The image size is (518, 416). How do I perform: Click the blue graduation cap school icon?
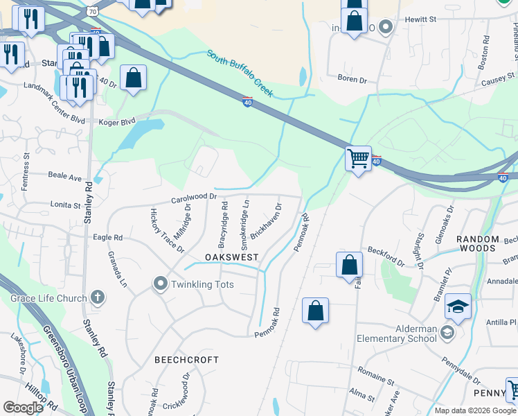(x=458, y=307)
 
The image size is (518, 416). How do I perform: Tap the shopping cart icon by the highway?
(x=358, y=159)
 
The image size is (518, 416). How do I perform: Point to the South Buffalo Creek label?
(x=240, y=73)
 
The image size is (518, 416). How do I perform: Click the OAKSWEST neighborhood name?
(x=231, y=257)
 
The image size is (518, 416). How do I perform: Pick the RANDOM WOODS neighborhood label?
(x=478, y=243)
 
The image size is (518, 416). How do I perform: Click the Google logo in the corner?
(x=23, y=407)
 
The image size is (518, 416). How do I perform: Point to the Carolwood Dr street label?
(x=194, y=198)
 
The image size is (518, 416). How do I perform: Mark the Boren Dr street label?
(x=352, y=80)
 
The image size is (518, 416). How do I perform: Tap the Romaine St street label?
(x=376, y=381)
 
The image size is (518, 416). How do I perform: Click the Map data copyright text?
(x=474, y=410)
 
